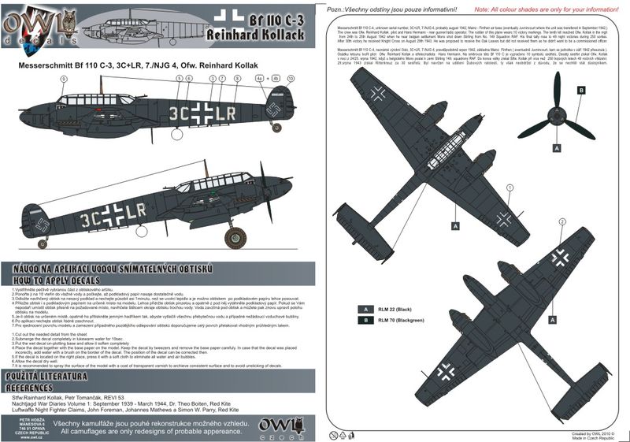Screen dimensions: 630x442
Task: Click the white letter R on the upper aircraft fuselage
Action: coord(230,113)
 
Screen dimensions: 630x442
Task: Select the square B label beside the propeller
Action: coord(581,91)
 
